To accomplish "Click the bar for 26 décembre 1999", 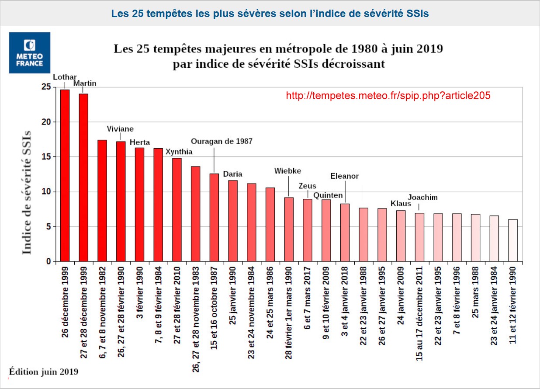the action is pyautogui.click(x=65, y=176).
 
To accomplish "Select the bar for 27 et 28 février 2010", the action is pyautogui.click(x=177, y=210).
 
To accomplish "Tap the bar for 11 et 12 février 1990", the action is pyautogui.click(x=513, y=240).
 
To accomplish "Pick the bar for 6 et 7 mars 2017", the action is pyautogui.click(x=308, y=230).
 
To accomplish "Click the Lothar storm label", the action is pyautogui.click(x=65, y=77).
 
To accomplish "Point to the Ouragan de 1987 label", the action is pyautogui.click(x=222, y=141).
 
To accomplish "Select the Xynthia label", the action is pyautogui.click(x=179, y=152).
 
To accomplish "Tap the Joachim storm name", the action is pyautogui.click(x=422, y=198).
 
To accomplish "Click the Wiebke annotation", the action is pyautogui.click(x=287, y=171).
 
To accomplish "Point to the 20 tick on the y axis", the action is pyautogui.click(x=46, y=122).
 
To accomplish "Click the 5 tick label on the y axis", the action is pyautogui.click(x=48, y=227).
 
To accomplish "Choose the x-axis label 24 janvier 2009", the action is pyautogui.click(x=401, y=295).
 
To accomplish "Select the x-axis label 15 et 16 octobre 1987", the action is pyautogui.click(x=214, y=308).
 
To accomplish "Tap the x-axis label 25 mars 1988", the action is pyautogui.click(x=476, y=292).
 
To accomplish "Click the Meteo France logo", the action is pyautogui.click(x=30, y=52).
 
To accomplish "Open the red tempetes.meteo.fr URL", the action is pyautogui.click(x=388, y=96).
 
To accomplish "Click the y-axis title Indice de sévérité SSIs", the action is pyautogui.click(x=27, y=192).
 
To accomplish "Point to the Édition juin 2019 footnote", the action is pyautogui.click(x=44, y=372).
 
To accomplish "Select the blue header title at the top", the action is pyautogui.click(x=270, y=14).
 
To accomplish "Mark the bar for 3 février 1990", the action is pyautogui.click(x=139, y=205).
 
